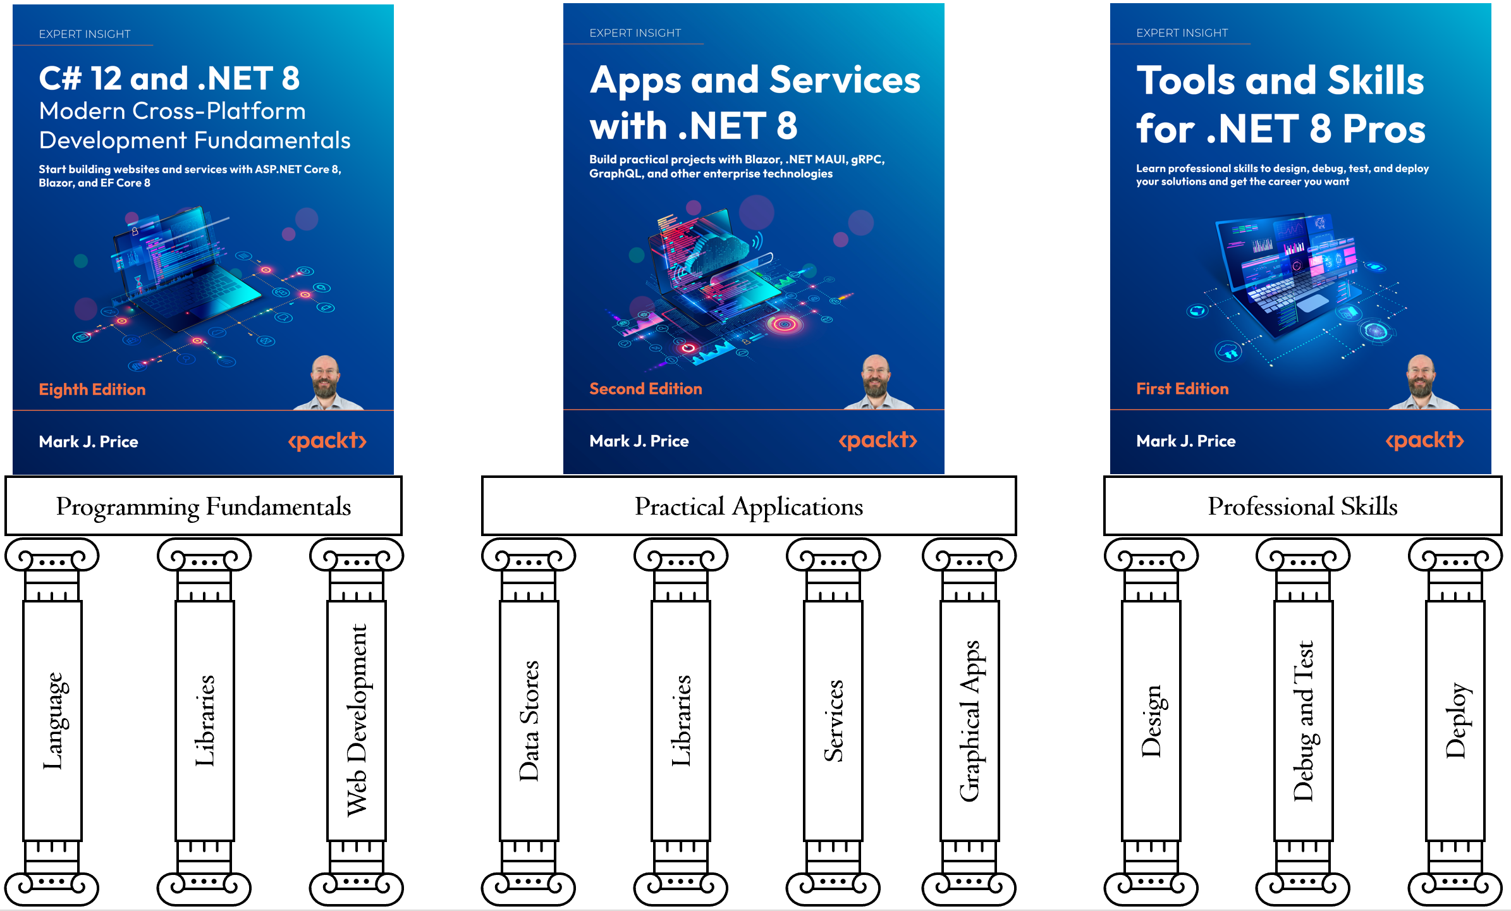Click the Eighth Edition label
coord(92,389)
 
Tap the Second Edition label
coord(645,389)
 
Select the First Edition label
coord(1182,389)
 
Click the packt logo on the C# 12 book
coord(327,441)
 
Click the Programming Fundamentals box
coord(204,506)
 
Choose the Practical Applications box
coord(749,506)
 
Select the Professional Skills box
coord(1302,506)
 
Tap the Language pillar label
coord(53,721)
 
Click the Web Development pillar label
coord(357,721)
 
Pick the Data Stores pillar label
coord(529,721)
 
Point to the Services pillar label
coord(833,721)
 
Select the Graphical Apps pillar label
coord(969,721)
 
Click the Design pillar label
coord(1151,721)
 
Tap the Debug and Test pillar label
coord(1303,721)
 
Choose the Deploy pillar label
coord(1455,721)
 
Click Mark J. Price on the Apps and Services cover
coord(639,441)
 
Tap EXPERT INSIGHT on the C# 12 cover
coord(85,34)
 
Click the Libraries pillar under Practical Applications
coord(681,721)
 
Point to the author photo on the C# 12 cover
coord(326,382)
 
